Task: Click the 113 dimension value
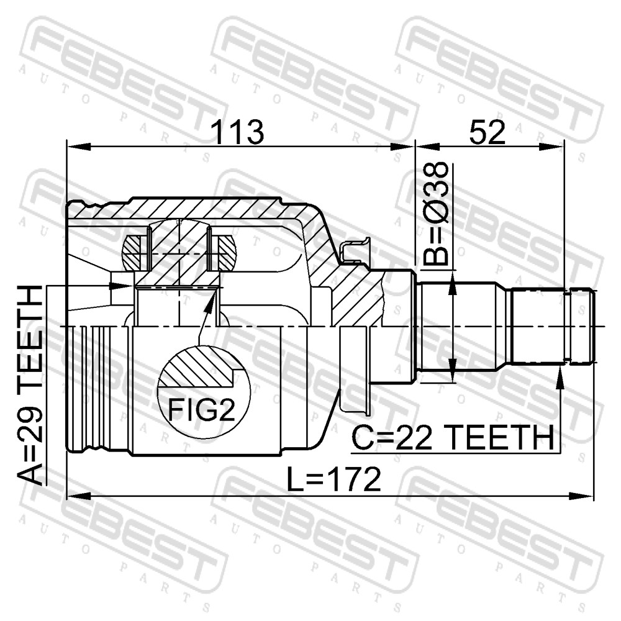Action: [238, 132]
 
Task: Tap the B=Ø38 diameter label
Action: [436, 214]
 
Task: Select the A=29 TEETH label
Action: [30, 385]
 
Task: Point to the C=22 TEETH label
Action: [453, 438]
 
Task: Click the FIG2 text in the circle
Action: [202, 409]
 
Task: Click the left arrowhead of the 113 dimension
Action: [79, 147]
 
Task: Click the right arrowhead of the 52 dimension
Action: [551, 147]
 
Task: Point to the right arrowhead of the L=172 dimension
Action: [582, 496]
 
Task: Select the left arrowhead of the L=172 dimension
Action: [79, 496]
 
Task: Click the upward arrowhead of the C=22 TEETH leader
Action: [560, 377]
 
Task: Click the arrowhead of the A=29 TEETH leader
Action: [122, 286]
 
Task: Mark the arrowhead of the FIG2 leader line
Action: [212, 300]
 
